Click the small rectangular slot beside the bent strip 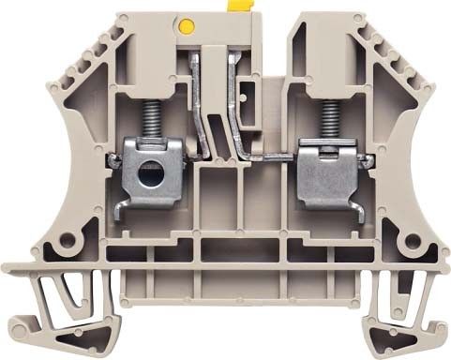click(x=248, y=94)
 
